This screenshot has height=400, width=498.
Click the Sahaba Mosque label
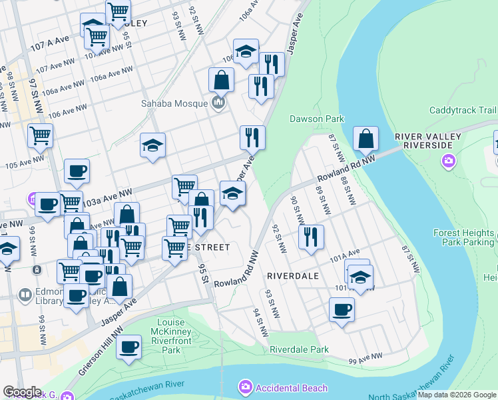[x=174, y=103]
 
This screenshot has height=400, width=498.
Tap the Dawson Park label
[x=316, y=119]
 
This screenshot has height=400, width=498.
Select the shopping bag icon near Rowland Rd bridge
[x=366, y=139]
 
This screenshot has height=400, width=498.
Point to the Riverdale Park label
[x=299, y=349]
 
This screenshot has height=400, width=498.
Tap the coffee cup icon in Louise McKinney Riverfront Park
[x=129, y=346]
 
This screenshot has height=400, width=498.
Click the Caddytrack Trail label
[x=463, y=110]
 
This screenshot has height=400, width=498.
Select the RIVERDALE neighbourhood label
[x=292, y=275]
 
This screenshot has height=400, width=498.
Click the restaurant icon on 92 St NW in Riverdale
[x=311, y=236]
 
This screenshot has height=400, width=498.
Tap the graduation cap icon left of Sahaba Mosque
[x=152, y=145]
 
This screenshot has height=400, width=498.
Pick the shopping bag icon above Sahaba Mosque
[x=221, y=81]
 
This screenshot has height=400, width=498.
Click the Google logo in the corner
[x=22, y=392]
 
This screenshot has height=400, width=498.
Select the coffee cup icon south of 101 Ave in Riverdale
[x=342, y=309]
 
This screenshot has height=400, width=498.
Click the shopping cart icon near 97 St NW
[x=40, y=135]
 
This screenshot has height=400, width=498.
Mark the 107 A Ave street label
[x=49, y=43]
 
